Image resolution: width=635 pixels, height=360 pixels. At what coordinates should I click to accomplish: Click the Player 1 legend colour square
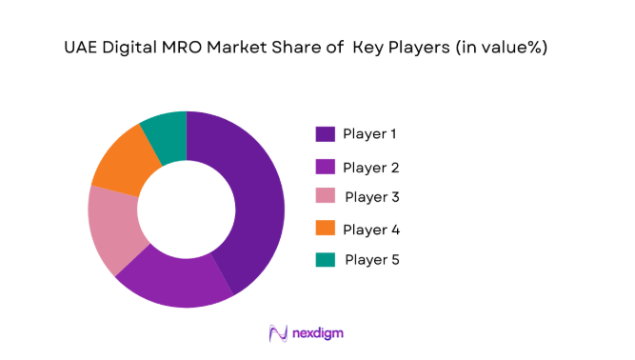326,134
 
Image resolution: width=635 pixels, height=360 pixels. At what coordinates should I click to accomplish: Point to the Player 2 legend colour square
326,167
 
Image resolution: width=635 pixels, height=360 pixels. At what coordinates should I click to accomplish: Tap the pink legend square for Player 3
326,198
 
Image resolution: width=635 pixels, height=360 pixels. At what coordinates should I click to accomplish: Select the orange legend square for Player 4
326,230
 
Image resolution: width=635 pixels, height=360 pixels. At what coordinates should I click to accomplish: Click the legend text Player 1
370,134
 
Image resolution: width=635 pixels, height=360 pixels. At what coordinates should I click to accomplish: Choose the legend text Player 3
372,197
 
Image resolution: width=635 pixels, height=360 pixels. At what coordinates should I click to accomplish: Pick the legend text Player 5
372,259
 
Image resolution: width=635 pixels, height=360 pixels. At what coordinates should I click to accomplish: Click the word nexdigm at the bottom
319,333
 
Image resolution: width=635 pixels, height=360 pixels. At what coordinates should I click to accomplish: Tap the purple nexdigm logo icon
279,333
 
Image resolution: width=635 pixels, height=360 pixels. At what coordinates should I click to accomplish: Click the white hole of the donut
187,210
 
